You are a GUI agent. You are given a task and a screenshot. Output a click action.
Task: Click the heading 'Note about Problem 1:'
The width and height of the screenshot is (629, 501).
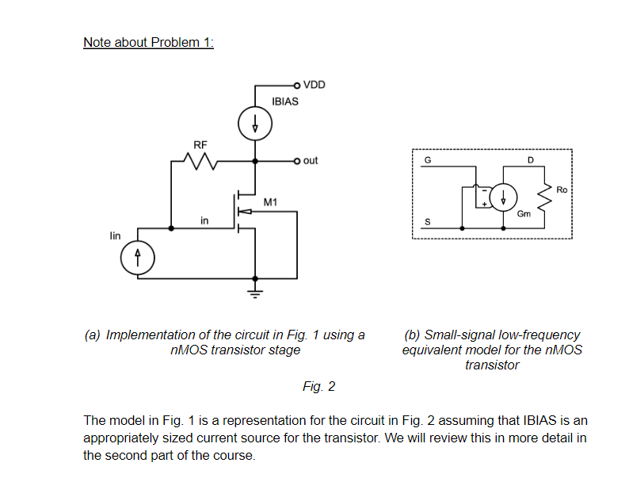pyautogui.click(x=148, y=42)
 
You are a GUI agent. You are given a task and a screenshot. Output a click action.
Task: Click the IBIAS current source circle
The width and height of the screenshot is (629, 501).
pyautogui.click(x=255, y=123)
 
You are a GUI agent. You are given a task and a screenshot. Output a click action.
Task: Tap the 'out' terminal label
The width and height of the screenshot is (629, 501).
pyautogui.click(x=310, y=160)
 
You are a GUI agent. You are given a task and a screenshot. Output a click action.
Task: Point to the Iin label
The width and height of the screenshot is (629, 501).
pyautogui.click(x=116, y=235)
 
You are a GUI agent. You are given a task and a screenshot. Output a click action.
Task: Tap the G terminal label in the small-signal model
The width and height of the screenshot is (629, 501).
pyautogui.click(x=429, y=160)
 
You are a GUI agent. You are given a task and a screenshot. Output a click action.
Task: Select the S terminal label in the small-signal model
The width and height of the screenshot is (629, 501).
pyautogui.click(x=429, y=223)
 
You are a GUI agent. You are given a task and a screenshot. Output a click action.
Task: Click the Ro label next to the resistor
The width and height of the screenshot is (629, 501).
pyautogui.click(x=562, y=190)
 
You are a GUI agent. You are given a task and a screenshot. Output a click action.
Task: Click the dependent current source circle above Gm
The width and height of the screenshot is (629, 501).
pyautogui.click(x=504, y=196)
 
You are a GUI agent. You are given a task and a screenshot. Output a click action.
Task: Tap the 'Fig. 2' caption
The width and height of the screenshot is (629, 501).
pyautogui.click(x=318, y=386)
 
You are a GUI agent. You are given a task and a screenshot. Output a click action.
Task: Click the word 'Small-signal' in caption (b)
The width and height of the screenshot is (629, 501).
pyautogui.click(x=457, y=335)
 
